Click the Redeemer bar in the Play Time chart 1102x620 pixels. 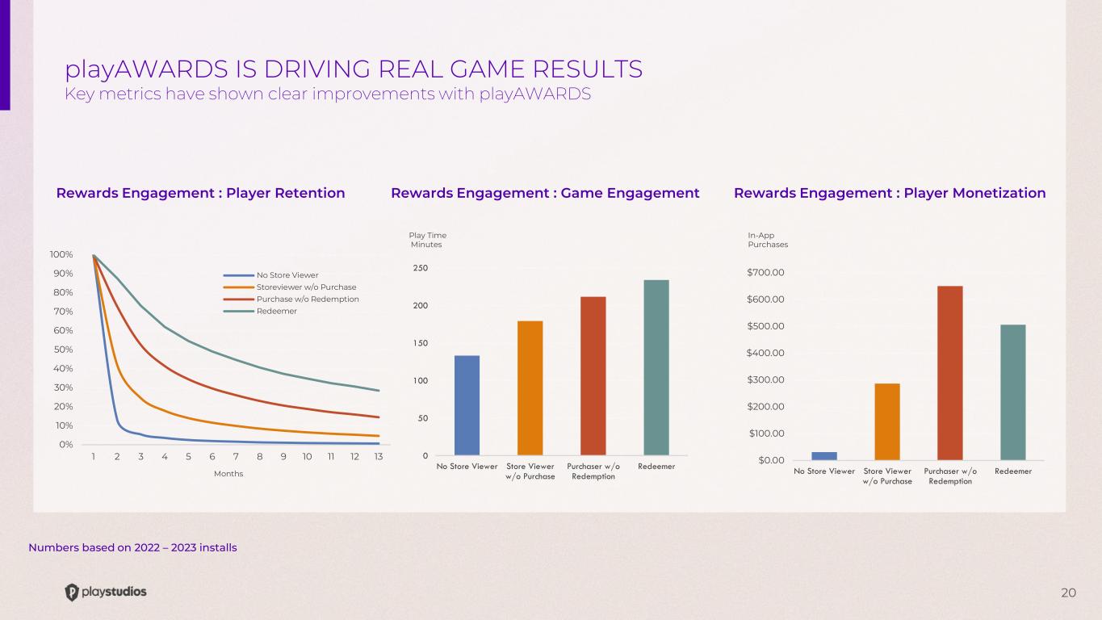click(656, 367)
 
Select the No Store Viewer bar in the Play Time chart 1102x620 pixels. click(467, 405)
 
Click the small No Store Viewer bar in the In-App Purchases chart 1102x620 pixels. click(824, 456)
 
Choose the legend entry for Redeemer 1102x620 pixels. click(276, 312)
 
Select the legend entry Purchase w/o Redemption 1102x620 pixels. click(307, 300)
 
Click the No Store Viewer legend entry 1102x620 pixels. click(287, 275)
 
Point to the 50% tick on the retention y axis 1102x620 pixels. click(62, 350)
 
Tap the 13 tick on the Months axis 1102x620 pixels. click(378, 457)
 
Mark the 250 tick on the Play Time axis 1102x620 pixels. click(421, 268)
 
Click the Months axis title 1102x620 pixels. click(228, 474)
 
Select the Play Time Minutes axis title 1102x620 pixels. click(427, 240)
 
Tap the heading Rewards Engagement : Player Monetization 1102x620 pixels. click(889, 193)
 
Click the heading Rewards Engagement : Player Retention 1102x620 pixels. click(200, 193)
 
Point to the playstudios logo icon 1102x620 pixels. click(72, 593)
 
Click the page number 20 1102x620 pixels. click(1068, 593)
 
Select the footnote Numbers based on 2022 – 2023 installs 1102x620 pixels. click(132, 548)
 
